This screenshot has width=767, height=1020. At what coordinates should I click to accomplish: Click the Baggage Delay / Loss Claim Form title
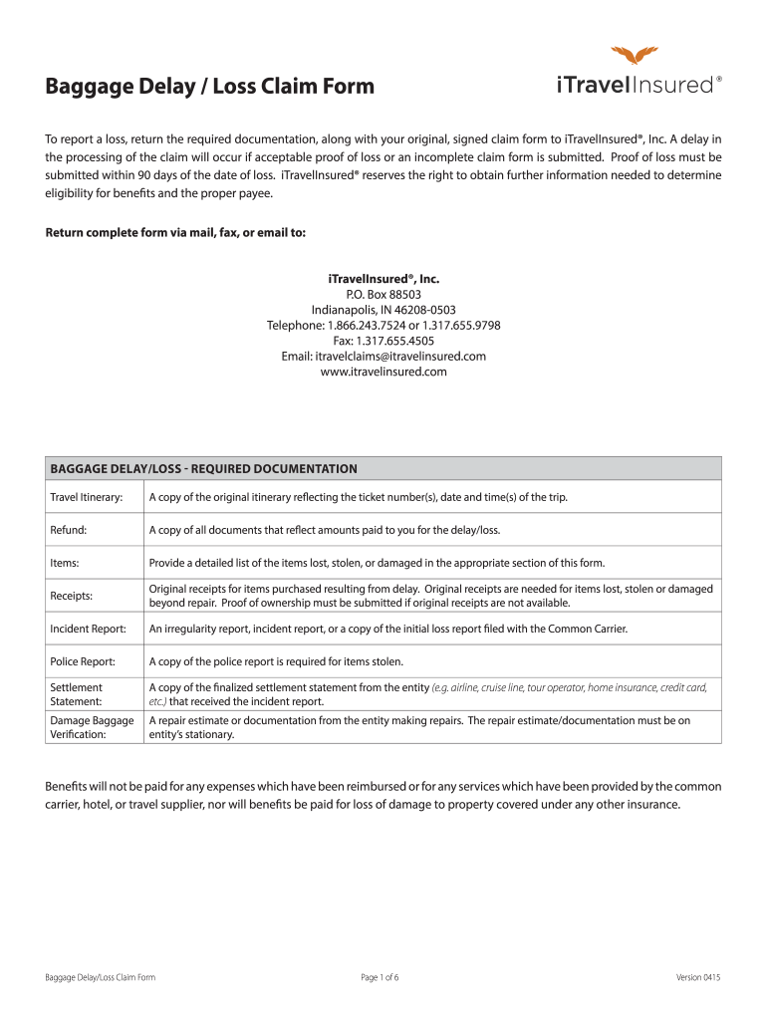pos(210,87)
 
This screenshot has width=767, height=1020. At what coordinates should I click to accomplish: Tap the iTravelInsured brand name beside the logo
pos(634,86)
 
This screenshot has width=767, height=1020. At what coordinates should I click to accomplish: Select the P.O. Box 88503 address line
pos(383,295)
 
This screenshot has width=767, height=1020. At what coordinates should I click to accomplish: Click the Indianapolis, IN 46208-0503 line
pos(383,310)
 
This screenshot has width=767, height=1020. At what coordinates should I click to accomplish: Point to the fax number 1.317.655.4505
pos(383,341)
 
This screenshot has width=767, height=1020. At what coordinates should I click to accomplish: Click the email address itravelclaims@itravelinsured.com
pos(383,356)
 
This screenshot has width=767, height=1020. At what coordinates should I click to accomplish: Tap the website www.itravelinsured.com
pos(383,372)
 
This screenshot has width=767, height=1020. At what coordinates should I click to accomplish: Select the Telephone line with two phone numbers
pos(383,326)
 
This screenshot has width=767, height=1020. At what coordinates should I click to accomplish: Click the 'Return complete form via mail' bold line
pos(176,233)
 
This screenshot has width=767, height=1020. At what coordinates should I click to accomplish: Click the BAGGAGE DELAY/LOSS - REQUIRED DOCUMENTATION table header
pos(203,468)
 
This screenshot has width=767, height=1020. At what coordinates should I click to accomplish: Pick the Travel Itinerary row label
pos(87,497)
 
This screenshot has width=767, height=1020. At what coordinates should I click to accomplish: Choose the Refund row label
pos(69,530)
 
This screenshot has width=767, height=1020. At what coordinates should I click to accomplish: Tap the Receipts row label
pos(72,596)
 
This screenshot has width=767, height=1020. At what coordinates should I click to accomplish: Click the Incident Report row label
pos(89,629)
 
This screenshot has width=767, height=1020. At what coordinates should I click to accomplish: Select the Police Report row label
pos(83,661)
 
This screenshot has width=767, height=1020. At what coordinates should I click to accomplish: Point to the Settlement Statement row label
pos(77,694)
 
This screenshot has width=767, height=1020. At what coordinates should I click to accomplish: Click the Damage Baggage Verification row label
pos(92,727)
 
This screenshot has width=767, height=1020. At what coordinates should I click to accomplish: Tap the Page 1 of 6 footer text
pos(380,977)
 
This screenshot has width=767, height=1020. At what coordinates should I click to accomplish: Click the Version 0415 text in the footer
pos(697,977)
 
